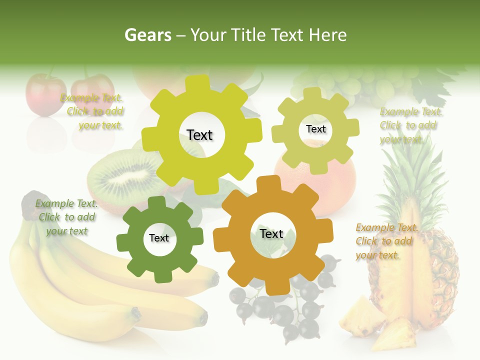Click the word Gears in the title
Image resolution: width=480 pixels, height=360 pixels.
pyautogui.click(x=147, y=35)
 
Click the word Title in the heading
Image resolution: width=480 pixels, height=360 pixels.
pyautogui.click(x=248, y=35)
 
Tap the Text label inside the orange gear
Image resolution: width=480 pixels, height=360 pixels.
pyautogui.click(x=271, y=234)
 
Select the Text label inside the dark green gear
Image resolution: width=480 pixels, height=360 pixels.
pyautogui.click(x=159, y=238)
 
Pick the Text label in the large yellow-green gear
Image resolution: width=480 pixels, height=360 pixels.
pyautogui.click(x=199, y=135)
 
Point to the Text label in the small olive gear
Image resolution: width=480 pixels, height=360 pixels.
pyautogui.click(x=315, y=129)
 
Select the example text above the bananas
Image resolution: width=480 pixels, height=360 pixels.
pyautogui.click(x=67, y=217)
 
